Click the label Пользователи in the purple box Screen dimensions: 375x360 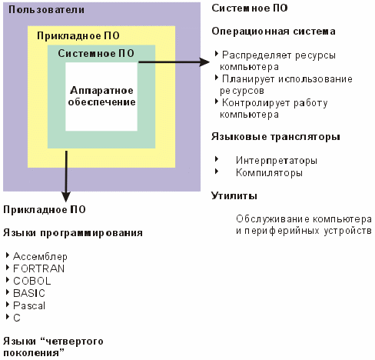(46, 10)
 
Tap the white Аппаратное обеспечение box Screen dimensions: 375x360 (101, 97)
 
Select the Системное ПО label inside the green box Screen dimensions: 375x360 (96, 53)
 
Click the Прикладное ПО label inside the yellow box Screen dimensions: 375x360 (78, 35)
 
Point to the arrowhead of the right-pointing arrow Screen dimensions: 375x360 (204, 62)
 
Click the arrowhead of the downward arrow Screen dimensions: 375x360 (66, 197)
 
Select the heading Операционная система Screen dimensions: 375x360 (274, 32)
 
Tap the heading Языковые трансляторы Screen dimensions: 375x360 (276, 137)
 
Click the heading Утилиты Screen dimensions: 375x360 (234, 196)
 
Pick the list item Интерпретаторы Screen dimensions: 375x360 (277, 161)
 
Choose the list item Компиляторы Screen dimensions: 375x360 (269, 173)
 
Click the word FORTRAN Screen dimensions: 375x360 (38, 268)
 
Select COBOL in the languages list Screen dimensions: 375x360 (32, 281)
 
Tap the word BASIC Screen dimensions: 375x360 (29, 293)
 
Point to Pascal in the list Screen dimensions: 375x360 (29, 305)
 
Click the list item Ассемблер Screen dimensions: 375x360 (40, 256)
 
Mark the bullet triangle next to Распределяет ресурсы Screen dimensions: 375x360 (217, 54)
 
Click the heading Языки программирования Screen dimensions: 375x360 (73, 233)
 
